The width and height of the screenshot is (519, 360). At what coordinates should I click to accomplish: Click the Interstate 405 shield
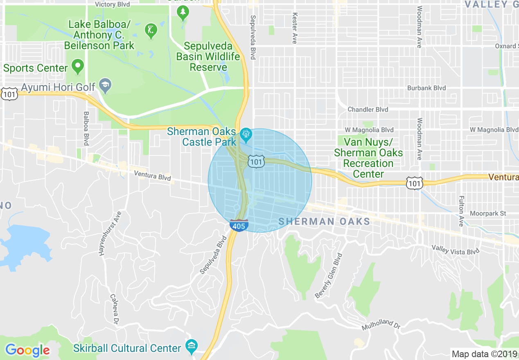pyautogui.click(x=239, y=225)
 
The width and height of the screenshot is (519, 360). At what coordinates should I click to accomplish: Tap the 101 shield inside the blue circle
pyautogui.click(x=256, y=162)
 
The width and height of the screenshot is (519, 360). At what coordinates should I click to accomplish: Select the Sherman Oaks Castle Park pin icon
pyautogui.click(x=246, y=134)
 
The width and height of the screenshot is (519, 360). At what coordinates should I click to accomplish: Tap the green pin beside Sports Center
pyautogui.click(x=77, y=66)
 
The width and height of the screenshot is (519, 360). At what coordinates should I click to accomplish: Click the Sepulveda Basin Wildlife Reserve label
pyautogui.click(x=208, y=56)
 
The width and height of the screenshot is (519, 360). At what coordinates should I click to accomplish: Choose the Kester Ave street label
pyautogui.click(x=294, y=28)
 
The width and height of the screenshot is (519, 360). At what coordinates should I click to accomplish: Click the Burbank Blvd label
pyautogui.click(x=426, y=88)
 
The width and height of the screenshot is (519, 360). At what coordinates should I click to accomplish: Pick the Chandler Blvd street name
pyautogui.click(x=368, y=109)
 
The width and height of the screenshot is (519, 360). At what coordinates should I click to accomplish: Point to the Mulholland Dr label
pyautogui.click(x=381, y=325)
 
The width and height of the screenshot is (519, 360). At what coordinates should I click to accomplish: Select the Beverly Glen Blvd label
pyautogui.click(x=328, y=275)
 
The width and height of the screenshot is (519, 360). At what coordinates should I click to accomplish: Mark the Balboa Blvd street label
pyautogui.click(x=86, y=128)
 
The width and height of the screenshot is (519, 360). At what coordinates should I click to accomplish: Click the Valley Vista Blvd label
pyautogui.click(x=455, y=250)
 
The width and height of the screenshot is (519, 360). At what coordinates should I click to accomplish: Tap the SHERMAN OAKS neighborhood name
pyautogui.click(x=324, y=221)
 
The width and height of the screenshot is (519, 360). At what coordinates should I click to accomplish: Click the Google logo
pyautogui.click(x=27, y=350)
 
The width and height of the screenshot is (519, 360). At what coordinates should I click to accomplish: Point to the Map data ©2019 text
pyautogui.click(x=483, y=353)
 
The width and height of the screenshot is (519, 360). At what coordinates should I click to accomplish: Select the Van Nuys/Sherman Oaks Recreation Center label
pyautogui.click(x=368, y=158)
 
